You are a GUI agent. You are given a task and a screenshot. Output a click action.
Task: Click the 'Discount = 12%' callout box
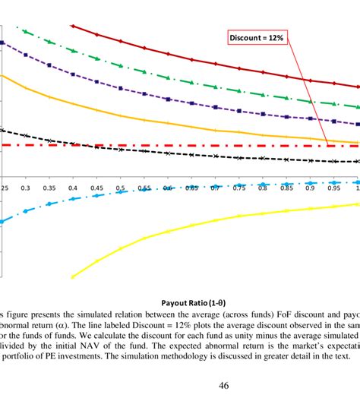[257, 37]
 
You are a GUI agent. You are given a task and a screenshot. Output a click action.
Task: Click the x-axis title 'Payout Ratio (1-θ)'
[194, 290]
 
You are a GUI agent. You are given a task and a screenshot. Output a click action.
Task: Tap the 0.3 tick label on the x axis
[25, 188]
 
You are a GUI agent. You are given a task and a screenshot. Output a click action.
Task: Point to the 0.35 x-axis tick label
[49, 188]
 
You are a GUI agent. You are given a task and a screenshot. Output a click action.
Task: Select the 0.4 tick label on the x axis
[73, 188]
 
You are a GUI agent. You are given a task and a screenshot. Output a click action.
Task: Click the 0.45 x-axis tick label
[96, 188]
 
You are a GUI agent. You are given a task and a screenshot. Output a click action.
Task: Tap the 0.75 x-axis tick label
[239, 188]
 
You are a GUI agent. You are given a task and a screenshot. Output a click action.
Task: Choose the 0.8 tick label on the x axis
[263, 188]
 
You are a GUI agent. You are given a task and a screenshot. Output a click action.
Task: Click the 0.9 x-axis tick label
[310, 188]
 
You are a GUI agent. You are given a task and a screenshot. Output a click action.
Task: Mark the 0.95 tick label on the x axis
[333, 188]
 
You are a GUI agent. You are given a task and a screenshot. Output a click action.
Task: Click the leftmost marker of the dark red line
[72, 26]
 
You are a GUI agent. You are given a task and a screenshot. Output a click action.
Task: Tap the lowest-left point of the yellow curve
[72, 276]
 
